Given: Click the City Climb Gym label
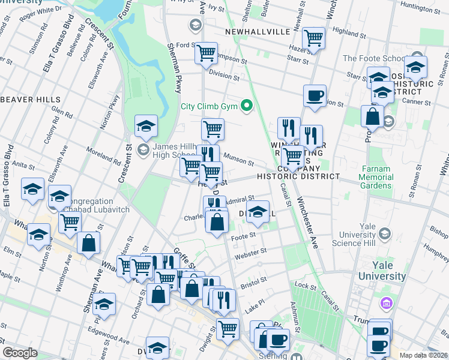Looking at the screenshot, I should tap(209, 107).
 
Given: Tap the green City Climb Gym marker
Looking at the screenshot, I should tap(246, 107).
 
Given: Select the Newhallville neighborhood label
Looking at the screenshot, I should tap(257, 31).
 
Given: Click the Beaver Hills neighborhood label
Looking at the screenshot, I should tap(30, 99).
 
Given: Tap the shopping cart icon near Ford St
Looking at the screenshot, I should tap(206, 53).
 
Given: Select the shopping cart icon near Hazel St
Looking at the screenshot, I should tap(313, 38).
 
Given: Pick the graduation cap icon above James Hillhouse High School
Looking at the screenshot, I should tap(145, 126).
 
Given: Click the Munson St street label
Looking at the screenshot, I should tap(236, 157).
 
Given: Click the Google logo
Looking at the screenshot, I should tap(20, 353).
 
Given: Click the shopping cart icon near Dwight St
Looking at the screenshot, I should tap(228, 328).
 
